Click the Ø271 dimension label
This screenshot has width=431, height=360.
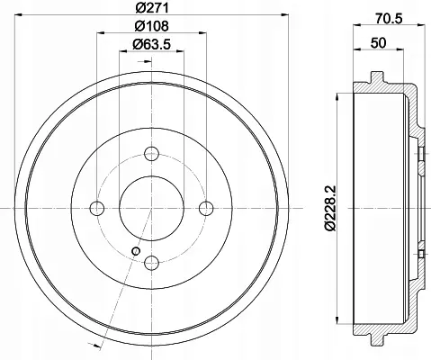click(152, 7)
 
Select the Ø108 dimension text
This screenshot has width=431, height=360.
click(151, 26)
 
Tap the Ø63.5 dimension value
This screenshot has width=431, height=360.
click(151, 44)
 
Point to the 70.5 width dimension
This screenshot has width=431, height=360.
click(389, 19)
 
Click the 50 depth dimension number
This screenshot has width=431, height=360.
click(378, 43)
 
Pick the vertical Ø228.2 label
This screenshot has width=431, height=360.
click(331, 208)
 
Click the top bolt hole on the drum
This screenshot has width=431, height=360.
click(151, 154)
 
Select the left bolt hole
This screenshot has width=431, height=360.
click(97, 208)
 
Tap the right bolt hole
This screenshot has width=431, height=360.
click(206, 208)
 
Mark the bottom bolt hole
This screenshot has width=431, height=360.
click(151, 263)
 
